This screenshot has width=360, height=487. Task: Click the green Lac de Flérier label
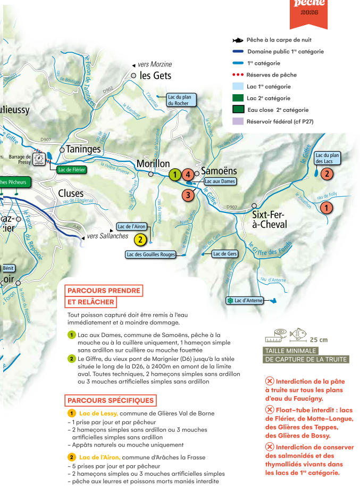(x=71, y=170)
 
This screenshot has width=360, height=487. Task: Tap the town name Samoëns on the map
(x=219, y=171)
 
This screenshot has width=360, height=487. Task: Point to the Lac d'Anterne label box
(x=245, y=301)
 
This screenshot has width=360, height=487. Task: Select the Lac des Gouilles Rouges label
(x=151, y=254)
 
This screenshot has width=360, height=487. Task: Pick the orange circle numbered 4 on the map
(x=188, y=174)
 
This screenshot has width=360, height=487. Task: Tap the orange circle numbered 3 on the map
(x=187, y=195)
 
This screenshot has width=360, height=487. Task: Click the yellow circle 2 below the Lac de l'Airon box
(x=140, y=240)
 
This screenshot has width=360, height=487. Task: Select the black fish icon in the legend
(x=238, y=40)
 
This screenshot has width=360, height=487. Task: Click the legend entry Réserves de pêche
(x=271, y=75)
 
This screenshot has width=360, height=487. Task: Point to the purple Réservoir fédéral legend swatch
(x=238, y=121)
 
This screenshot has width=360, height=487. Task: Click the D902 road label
(x=108, y=90)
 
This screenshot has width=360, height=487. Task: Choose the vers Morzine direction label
(x=155, y=64)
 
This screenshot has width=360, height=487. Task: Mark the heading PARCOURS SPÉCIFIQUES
(x=111, y=401)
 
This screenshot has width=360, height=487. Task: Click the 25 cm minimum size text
(x=319, y=340)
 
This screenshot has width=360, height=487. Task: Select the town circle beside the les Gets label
(x=134, y=76)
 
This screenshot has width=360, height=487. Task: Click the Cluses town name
(x=71, y=193)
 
